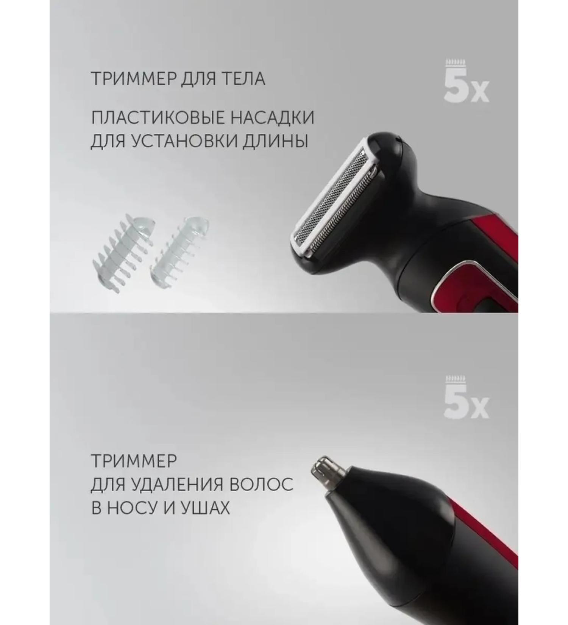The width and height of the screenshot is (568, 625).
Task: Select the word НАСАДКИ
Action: pos(273,118)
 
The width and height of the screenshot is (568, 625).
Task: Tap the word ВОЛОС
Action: pos(262,484)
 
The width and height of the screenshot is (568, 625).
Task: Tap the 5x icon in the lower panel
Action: pos(466,401)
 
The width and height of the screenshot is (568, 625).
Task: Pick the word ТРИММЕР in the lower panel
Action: pos(134,461)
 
